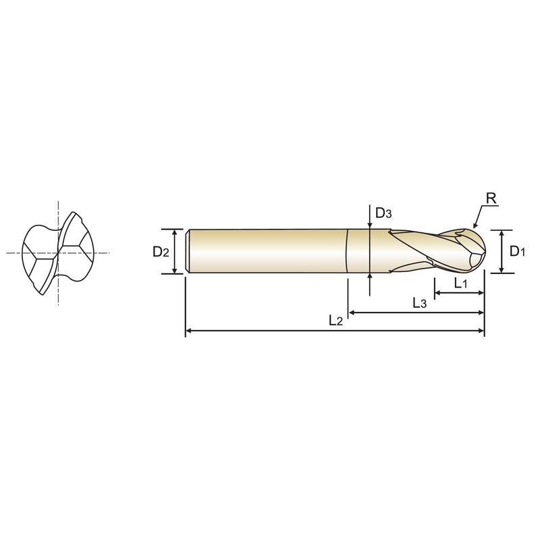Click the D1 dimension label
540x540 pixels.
coord(517,251)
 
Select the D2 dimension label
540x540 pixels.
coord(161,252)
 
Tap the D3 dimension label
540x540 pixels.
coord(383,213)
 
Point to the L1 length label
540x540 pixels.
coord(460,283)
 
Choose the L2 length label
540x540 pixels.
coord(335,321)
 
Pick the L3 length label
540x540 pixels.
coord(419,302)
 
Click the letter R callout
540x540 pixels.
coord(491,198)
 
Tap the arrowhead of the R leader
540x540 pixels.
coord(475,225)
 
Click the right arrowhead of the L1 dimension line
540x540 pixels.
coord(481,293)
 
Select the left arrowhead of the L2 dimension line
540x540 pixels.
coord(189,331)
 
